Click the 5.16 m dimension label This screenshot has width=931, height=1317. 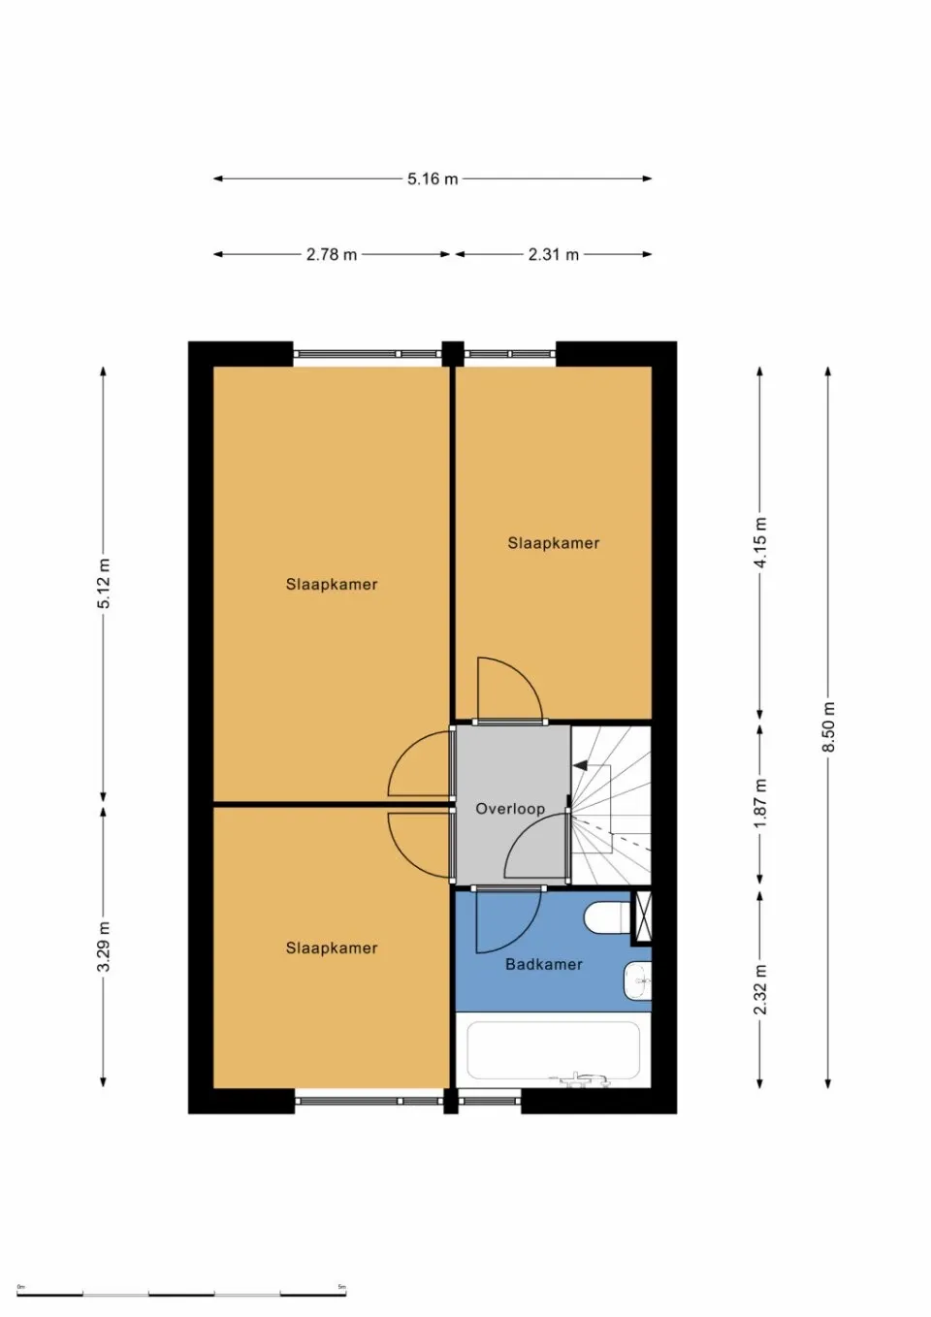(x=433, y=178)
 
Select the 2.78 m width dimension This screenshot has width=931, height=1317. (x=332, y=254)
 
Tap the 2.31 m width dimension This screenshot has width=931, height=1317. (x=553, y=254)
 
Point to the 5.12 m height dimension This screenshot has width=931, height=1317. (x=104, y=584)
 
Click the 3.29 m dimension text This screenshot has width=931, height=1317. (x=104, y=947)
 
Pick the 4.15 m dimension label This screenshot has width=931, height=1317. (x=759, y=544)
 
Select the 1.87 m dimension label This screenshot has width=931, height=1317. (x=759, y=803)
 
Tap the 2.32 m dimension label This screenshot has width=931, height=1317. (x=759, y=989)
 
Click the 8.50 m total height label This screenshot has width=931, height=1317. (x=827, y=726)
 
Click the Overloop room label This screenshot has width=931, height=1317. (x=510, y=808)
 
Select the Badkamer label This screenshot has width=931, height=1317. (x=544, y=964)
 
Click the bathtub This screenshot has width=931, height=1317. (x=554, y=1050)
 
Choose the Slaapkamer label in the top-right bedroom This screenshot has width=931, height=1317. (x=554, y=543)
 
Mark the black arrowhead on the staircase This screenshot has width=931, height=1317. (x=580, y=765)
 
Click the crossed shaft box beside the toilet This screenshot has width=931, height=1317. (x=641, y=915)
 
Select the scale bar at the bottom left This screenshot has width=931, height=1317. (x=181, y=1293)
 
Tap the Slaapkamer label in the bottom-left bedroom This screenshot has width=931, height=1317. (x=332, y=948)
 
